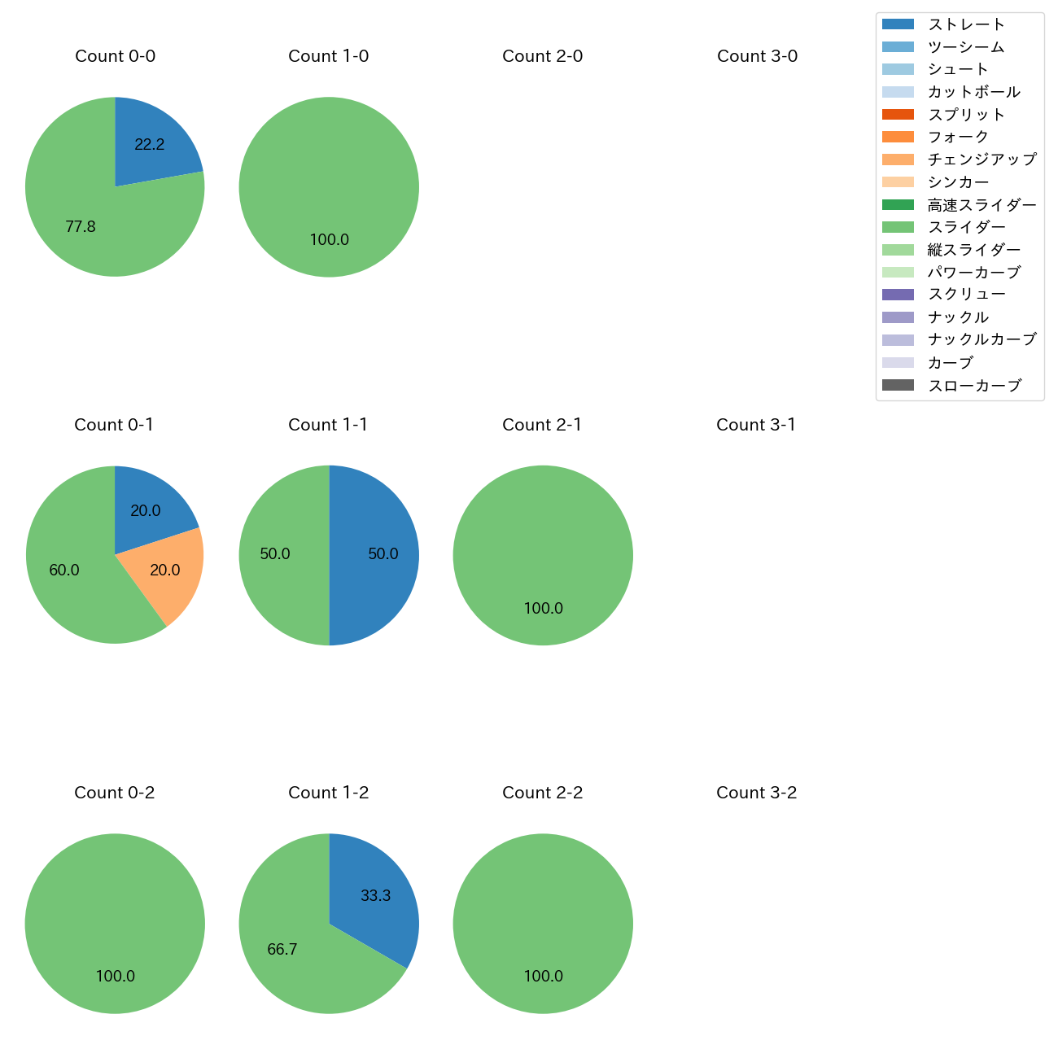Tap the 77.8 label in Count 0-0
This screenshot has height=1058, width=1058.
point(81,227)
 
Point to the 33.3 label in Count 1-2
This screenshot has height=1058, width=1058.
point(376,896)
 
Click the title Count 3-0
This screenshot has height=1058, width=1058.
point(757,56)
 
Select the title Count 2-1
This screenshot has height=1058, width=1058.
point(542,425)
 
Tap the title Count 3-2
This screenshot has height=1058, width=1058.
point(756,793)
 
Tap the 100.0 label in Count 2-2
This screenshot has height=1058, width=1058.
point(543,977)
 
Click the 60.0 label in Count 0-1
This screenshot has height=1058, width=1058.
point(64,571)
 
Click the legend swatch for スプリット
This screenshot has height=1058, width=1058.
point(898,115)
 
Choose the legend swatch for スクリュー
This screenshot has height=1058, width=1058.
point(898,295)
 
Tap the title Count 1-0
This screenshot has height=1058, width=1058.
point(328,56)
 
